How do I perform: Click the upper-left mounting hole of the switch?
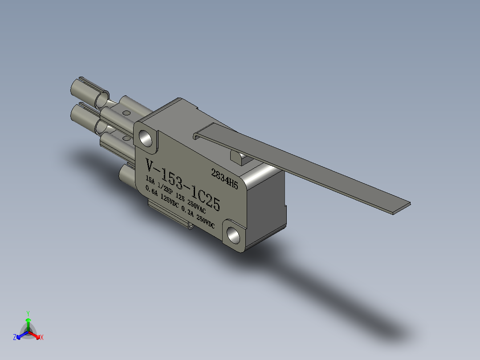(146, 138)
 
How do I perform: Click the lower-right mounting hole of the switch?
(234, 235)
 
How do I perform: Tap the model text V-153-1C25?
(183, 185)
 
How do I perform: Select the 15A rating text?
(151, 180)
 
